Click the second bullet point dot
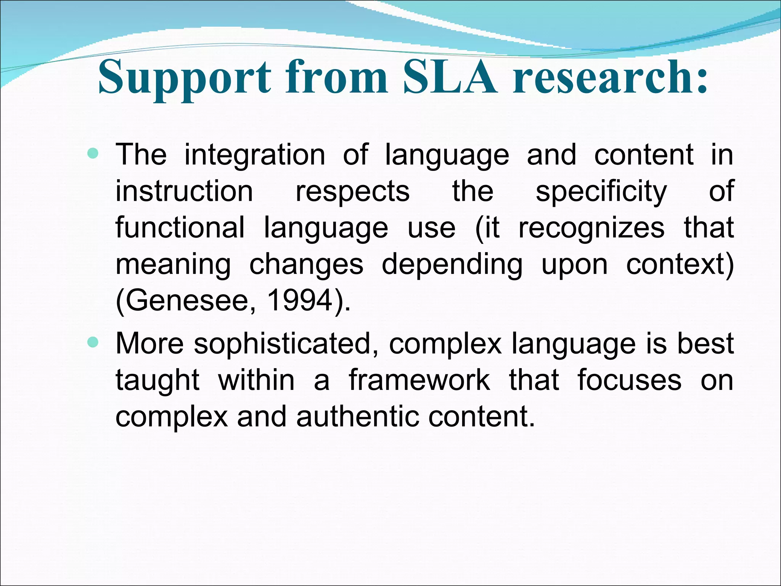pyautogui.click(x=93, y=342)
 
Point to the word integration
pyautogui.click(x=255, y=155)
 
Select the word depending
pyautogui.click(x=452, y=264)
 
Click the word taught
pyautogui.click(x=157, y=380)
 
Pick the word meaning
pyautogui.click(x=173, y=265)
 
